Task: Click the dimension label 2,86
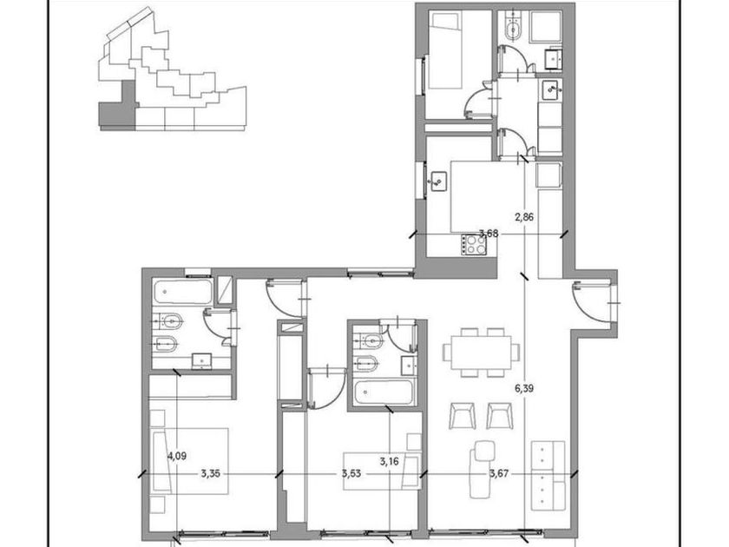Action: pyautogui.click(x=524, y=217)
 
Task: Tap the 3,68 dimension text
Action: pyautogui.click(x=489, y=234)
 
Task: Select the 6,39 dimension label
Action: pyautogui.click(x=524, y=388)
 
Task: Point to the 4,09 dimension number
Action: pyautogui.click(x=177, y=457)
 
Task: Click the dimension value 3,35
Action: pyautogui.click(x=211, y=474)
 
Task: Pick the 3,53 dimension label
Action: pyautogui.click(x=351, y=474)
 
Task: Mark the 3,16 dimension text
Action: pyautogui.click(x=389, y=462)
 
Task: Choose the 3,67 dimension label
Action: pyautogui.click(x=498, y=474)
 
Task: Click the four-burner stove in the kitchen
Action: pyautogui.click(x=473, y=245)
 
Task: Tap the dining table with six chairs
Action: pyautogui.click(x=481, y=353)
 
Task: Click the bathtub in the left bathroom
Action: pyautogui.click(x=183, y=292)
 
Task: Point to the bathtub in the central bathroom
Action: pyautogui.click(x=383, y=392)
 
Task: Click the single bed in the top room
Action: pyautogui.click(x=445, y=50)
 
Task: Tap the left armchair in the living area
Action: pyautogui.click(x=463, y=416)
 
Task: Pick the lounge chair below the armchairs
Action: pyautogui.click(x=481, y=469)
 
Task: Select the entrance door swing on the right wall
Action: pyautogui.click(x=591, y=301)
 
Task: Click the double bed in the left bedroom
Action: pyautogui.click(x=190, y=461)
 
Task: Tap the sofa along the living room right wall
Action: pyautogui.click(x=548, y=476)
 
